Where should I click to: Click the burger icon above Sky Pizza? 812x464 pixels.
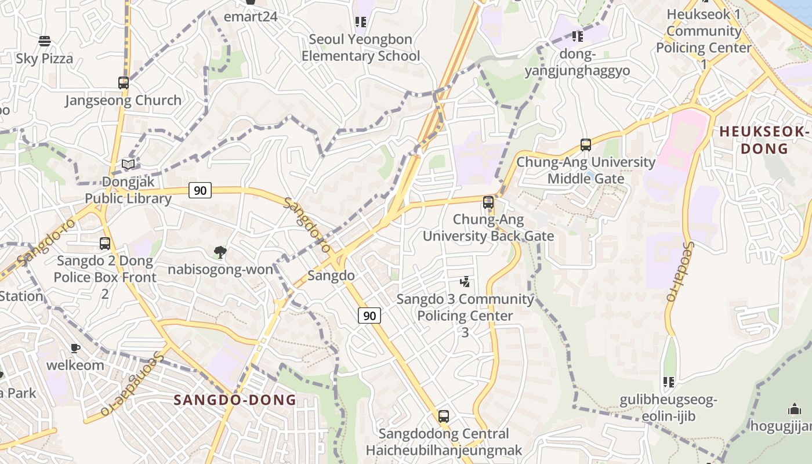(x=45, y=41)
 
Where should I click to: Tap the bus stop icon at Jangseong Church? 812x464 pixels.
(x=123, y=82)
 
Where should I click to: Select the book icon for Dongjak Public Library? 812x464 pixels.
(x=128, y=165)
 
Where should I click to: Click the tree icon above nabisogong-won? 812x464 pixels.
(x=220, y=252)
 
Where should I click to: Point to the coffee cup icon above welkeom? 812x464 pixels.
(x=75, y=348)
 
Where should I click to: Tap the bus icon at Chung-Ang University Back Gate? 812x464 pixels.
(x=488, y=202)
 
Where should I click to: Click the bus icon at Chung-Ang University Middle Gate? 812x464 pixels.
(x=586, y=145)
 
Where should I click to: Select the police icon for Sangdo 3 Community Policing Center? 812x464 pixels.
(x=465, y=282)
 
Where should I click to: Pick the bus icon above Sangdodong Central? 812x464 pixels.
(x=444, y=416)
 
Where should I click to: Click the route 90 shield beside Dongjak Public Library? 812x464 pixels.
(x=200, y=190)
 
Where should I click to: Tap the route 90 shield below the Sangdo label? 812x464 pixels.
(x=369, y=316)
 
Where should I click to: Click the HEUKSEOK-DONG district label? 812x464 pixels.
(x=764, y=140)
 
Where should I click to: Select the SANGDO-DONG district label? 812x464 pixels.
(x=235, y=400)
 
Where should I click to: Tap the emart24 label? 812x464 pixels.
(x=251, y=16)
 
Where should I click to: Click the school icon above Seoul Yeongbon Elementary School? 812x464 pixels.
(x=361, y=22)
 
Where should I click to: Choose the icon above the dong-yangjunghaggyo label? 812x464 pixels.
(x=577, y=37)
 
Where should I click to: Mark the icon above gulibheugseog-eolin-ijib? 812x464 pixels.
(x=669, y=382)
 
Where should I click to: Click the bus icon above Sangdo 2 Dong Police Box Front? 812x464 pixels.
(x=105, y=244)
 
